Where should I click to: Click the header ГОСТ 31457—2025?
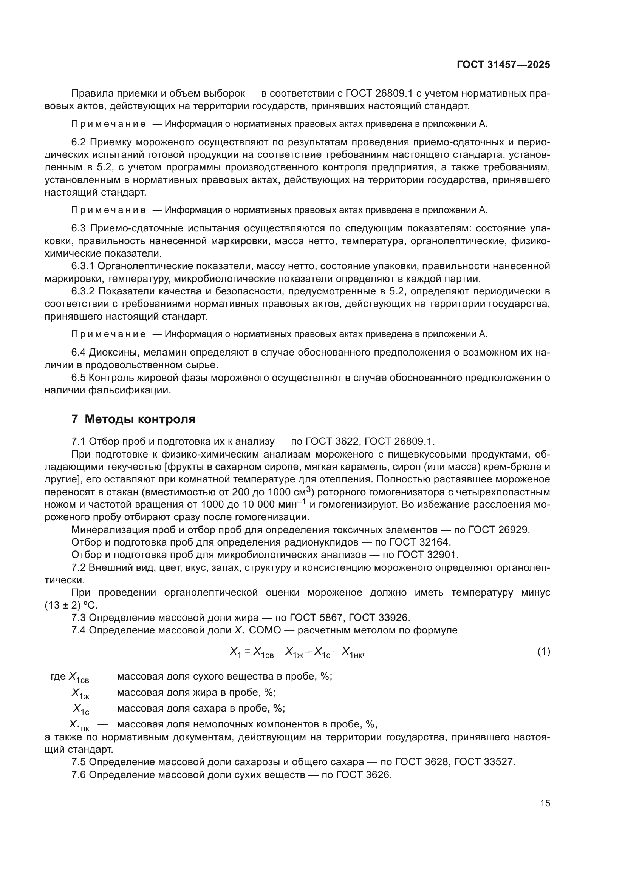click(503, 65)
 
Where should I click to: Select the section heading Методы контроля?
click(140, 419)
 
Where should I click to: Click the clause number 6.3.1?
click(82, 266)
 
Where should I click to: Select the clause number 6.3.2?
click(83, 291)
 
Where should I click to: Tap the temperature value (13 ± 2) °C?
click(71, 605)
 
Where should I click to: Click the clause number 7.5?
click(79, 762)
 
